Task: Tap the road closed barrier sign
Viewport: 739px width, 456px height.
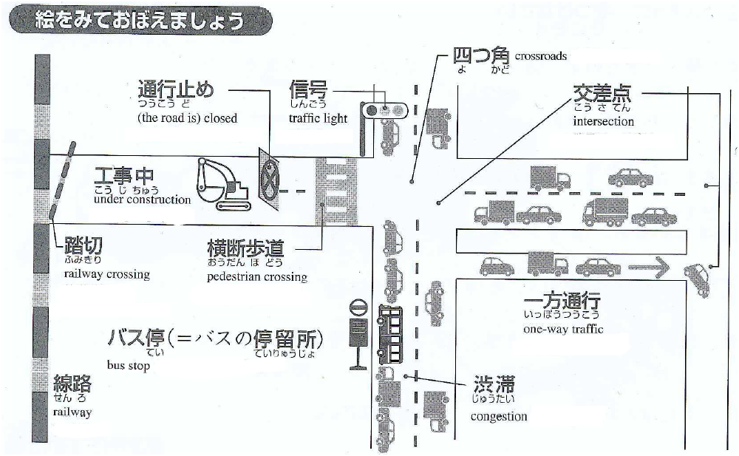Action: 270,176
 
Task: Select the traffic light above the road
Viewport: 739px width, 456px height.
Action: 384,110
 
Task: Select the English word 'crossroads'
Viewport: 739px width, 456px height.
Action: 541,55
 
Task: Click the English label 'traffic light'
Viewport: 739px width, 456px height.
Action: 318,119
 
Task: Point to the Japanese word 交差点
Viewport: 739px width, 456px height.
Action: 607,93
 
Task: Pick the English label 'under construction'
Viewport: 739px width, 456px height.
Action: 143,200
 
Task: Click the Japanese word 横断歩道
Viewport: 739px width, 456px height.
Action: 246,248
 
